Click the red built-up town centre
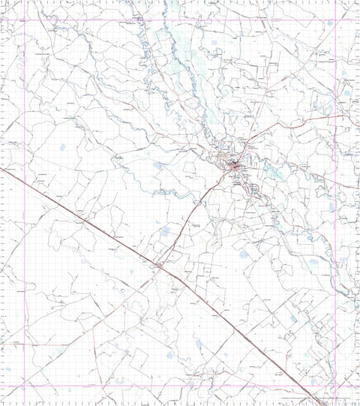235,167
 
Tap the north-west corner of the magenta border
25,20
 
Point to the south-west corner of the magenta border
25,386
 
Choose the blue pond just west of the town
158,165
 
